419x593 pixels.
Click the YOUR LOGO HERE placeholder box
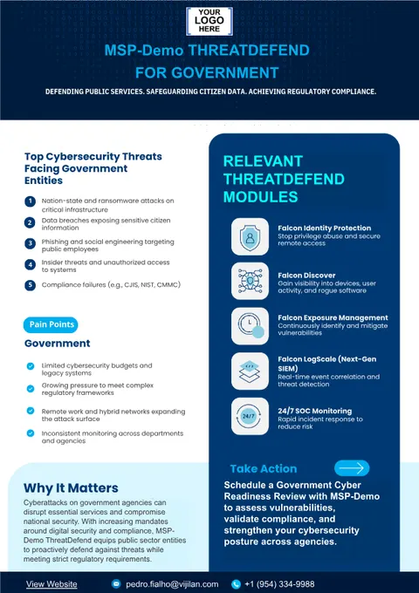click(209, 21)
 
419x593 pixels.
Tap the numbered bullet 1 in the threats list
click(30, 201)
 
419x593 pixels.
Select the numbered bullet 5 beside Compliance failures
click(30, 285)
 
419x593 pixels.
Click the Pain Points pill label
click(51, 325)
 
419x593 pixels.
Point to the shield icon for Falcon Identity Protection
click(250, 236)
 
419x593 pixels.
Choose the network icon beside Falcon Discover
click(250, 282)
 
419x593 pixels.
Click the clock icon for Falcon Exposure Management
click(250, 326)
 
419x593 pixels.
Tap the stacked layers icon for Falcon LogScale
click(250, 371)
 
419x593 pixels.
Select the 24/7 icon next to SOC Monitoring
click(250, 416)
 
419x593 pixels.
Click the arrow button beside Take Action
click(352, 468)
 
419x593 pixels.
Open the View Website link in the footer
click(52, 584)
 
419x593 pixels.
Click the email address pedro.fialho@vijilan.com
click(172, 584)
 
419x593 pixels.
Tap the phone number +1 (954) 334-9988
click(279, 584)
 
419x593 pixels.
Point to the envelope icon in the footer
click(116, 584)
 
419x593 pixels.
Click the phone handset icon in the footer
click(236, 584)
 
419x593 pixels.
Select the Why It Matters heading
click(71, 487)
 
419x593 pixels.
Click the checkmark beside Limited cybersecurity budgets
click(31, 366)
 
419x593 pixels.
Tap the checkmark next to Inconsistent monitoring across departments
click(31, 433)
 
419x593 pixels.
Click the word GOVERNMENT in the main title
click(225, 72)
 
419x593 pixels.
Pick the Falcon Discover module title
click(306, 276)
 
